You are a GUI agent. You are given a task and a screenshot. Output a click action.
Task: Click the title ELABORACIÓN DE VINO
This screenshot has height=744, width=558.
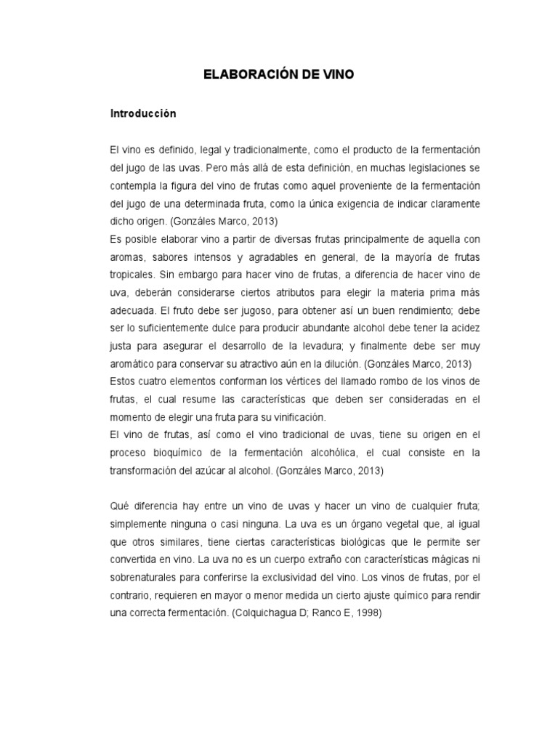coord(279,75)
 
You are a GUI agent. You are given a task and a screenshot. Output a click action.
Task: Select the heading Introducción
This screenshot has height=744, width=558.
coord(143,114)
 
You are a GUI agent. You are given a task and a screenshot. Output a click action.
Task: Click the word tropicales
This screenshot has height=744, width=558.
coord(134,275)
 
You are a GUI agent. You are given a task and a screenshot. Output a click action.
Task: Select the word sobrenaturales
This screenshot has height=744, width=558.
coord(145,576)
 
